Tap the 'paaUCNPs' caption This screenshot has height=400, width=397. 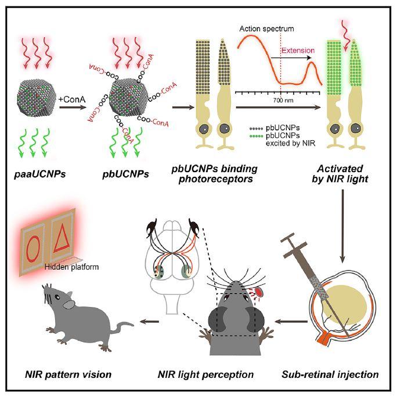[x=41, y=174]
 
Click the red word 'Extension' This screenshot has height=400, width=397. [x=298, y=51]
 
